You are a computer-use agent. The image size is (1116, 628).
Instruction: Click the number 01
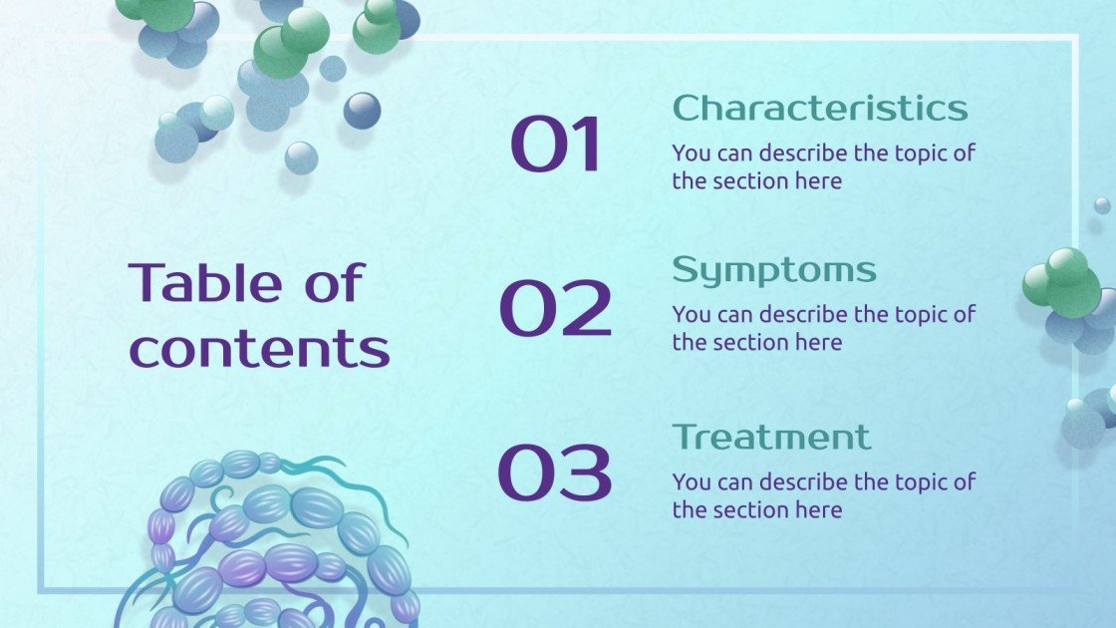(x=556, y=146)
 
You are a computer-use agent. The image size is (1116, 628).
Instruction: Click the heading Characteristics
(x=819, y=108)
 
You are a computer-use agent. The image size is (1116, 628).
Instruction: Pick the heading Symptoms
(x=773, y=269)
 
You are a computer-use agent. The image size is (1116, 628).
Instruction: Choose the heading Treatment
(x=770, y=437)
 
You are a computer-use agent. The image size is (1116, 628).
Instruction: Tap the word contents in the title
(x=259, y=348)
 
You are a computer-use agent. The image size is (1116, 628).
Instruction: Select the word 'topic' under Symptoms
(x=913, y=315)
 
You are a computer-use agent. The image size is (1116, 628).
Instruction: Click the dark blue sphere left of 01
(x=362, y=110)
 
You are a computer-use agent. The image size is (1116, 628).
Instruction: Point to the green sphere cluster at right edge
(x=1063, y=283)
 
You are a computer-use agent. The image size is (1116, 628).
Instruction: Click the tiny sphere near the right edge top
(x=1101, y=205)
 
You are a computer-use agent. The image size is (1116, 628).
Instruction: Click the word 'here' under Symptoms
(x=819, y=343)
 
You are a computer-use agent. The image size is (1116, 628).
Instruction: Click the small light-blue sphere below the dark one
(x=301, y=157)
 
